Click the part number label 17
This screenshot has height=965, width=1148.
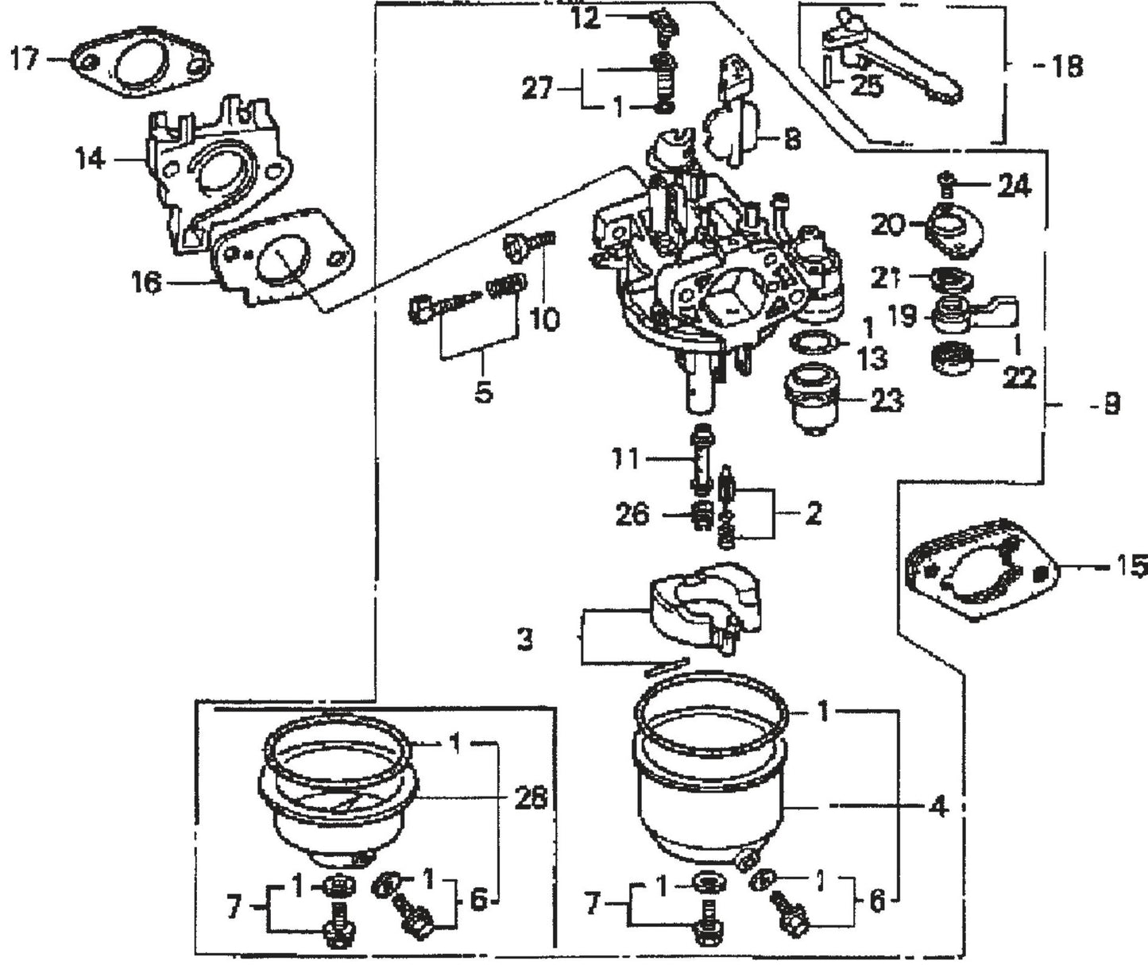click(x=24, y=60)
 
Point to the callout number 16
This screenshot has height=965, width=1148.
click(x=148, y=282)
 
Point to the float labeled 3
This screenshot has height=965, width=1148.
click(x=699, y=604)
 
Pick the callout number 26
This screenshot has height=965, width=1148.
click(x=632, y=515)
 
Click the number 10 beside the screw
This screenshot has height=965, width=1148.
click(x=544, y=319)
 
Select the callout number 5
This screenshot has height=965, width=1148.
click(x=484, y=392)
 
